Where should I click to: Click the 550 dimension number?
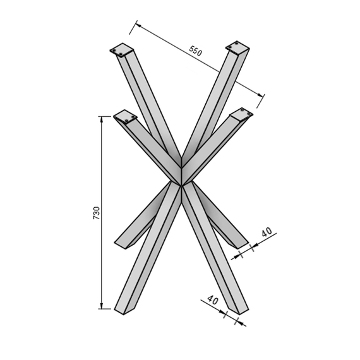(x=196, y=51)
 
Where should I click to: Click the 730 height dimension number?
(x=97, y=213)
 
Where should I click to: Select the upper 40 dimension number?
(x=267, y=232)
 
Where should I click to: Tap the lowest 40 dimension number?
(x=213, y=300)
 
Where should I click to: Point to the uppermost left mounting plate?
(x=122, y=50)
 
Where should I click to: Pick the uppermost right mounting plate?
(x=237, y=47)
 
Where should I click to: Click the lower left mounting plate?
(x=125, y=117)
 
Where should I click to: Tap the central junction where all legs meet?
(x=181, y=184)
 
